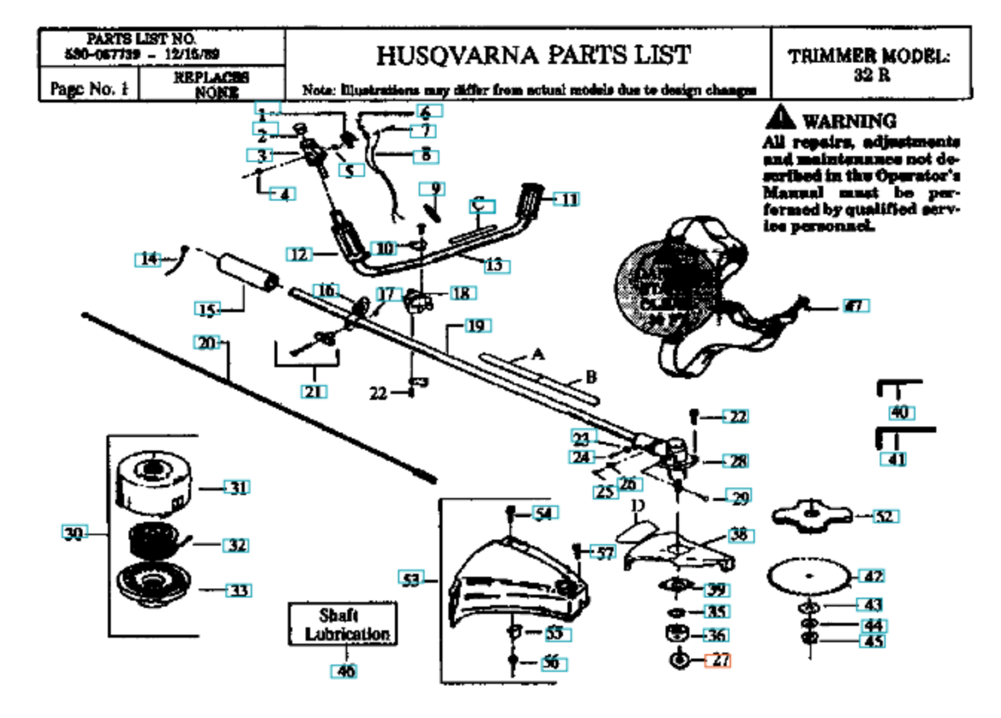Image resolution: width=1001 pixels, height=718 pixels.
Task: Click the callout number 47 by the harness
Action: [x=856, y=305]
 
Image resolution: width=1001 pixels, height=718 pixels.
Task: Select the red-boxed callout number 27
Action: [x=718, y=659]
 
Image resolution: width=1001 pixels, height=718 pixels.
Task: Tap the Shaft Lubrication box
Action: [x=343, y=624]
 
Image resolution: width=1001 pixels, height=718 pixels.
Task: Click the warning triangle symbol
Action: [x=780, y=118]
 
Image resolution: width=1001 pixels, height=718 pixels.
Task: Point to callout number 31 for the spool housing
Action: [x=237, y=488]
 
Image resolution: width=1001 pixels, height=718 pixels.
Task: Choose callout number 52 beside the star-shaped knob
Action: [x=883, y=516]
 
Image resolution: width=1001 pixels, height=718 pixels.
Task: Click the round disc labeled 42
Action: [x=809, y=576]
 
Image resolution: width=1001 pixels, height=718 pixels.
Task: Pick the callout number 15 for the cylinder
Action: [x=207, y=309]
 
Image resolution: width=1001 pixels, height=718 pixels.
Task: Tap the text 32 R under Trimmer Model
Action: [x=872, y=75]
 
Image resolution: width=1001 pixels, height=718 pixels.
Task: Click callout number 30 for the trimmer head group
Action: [x=74, y=533]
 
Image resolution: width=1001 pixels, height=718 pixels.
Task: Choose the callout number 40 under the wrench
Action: [x=900, y=412]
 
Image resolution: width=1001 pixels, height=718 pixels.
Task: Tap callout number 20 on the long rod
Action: [x=207, y=343]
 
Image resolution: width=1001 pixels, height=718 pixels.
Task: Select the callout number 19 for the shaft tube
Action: [x=475, y=326]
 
